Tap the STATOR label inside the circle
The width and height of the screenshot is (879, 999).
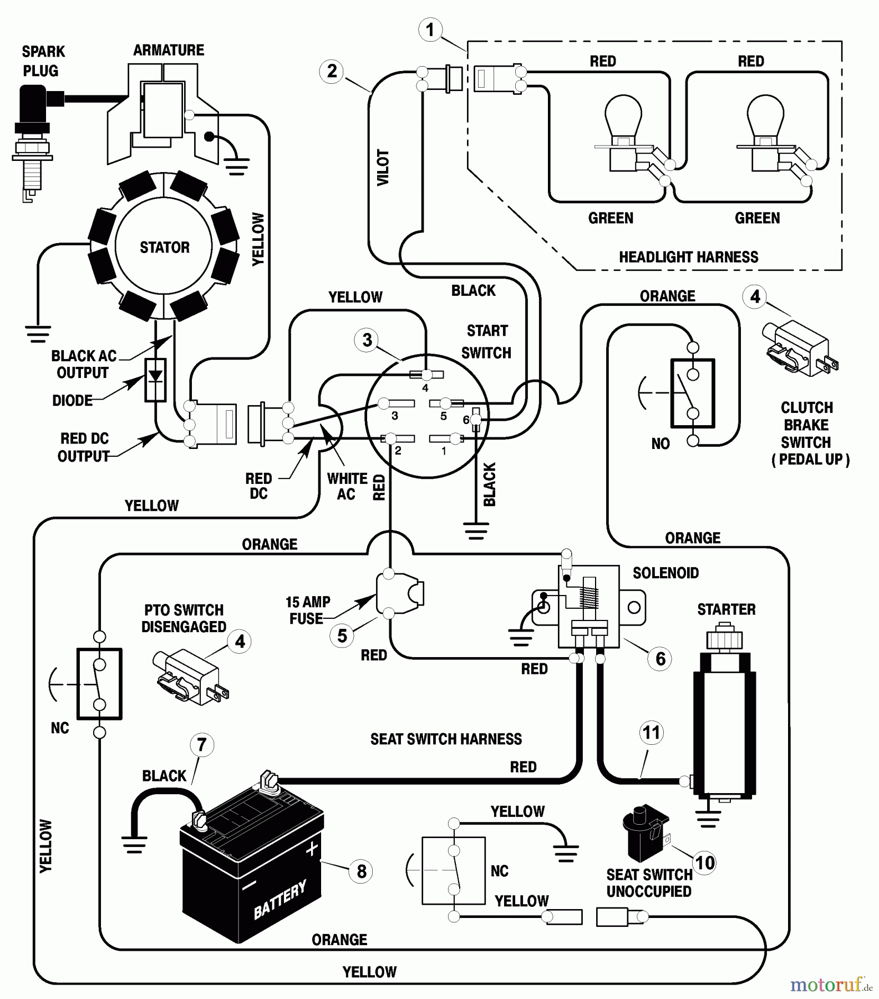164,247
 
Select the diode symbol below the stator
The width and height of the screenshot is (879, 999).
155,380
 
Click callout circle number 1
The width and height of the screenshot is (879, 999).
430,29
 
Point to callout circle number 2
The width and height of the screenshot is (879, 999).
332,72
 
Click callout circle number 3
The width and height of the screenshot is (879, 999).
367,340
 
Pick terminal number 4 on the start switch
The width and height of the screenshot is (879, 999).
425,376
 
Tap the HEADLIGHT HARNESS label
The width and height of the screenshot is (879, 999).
688,257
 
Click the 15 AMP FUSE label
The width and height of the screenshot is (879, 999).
307,610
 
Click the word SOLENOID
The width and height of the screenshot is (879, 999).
665,573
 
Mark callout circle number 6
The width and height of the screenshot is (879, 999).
660,659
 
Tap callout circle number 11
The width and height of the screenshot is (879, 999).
651,733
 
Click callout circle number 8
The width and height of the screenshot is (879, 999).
361,871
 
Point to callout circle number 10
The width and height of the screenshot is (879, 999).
704,863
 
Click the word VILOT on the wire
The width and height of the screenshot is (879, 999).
383,167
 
